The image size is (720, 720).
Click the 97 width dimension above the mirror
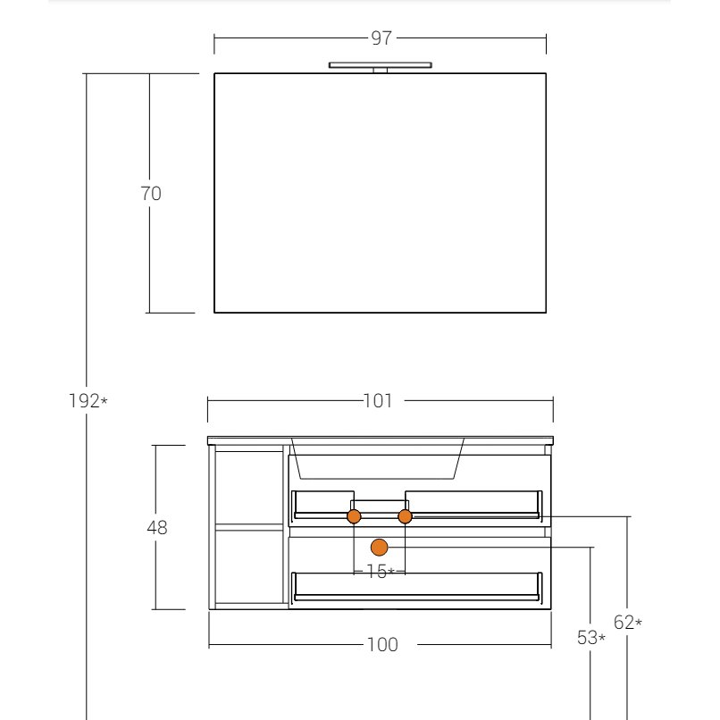coord(381,38)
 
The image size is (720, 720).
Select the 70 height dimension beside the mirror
coord(151,193)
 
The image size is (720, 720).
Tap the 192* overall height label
coord(88,401)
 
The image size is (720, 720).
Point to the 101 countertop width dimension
coord(379,402)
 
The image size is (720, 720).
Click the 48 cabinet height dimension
coord(157,528)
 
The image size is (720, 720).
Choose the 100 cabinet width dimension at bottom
coord(382,645)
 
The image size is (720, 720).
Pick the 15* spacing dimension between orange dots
coord(380,571)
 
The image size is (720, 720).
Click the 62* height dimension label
coord(627,623)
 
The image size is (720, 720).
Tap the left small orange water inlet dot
coord(354,516)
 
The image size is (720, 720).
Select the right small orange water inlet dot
coord(405,516)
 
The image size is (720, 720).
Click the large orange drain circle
coord(380,546)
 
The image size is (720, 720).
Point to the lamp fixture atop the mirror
coord(381,65)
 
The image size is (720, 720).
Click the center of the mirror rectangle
coord(381,193)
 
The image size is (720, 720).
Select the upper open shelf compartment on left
coord(249,488)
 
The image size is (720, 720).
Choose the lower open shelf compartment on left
coord(249,568)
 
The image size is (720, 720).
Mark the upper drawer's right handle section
coord(474,515)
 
